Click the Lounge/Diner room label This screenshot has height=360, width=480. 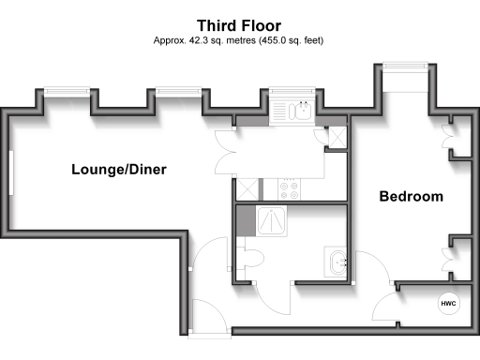[112, 170]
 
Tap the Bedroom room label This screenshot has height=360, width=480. [410, 197]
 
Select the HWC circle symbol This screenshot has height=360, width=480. [447, 304]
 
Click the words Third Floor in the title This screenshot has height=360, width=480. [239, 25]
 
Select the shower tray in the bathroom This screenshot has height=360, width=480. [274, 220]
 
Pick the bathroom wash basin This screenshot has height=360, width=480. [337, 262]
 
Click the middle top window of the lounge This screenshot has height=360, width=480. [179, 91]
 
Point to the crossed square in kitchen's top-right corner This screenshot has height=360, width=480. [337, 134]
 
